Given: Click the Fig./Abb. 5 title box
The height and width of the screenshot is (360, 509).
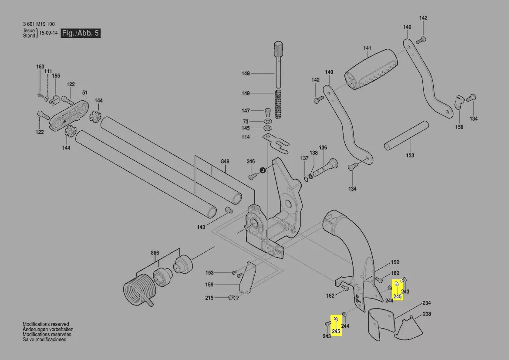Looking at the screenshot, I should click(x=80, y=33).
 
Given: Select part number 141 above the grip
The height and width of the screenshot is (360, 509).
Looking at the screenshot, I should click(x=367, y=48).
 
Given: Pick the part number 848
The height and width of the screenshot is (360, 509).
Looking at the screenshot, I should click(x=225, y=161).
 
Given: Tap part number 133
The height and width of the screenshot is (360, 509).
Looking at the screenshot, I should click(x=410, y=156).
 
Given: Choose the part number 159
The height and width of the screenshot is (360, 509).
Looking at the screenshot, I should click(x=209, y=285).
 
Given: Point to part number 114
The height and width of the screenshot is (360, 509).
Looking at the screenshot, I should click(x=246, y=137).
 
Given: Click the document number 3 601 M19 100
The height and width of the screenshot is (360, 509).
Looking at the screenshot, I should click(x=39, y=24).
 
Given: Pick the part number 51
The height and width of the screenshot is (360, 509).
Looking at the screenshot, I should click(x=85, y=92).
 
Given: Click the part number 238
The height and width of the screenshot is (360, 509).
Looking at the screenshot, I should click(x=427, y=314).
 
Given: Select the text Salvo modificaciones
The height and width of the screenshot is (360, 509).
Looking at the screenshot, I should click(x=44, y=340).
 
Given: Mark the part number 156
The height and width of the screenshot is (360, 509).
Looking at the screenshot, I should click(x=459, y=127).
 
